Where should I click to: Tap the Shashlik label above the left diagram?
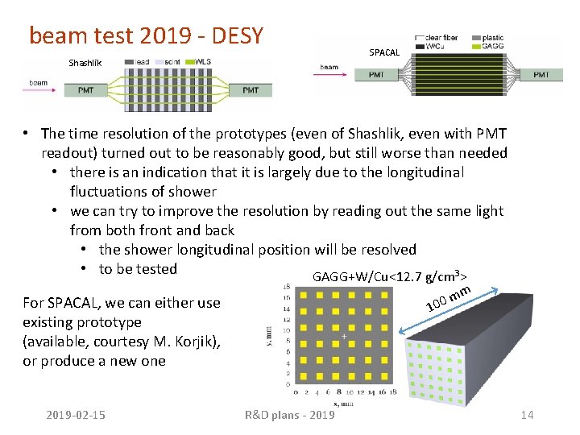tap(85, 63)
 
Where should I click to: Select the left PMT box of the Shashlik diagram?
tap(86, 90)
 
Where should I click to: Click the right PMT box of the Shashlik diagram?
tap(251, 90)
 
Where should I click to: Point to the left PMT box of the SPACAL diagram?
tap(376, 75)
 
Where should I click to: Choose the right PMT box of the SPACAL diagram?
tap(541, 75)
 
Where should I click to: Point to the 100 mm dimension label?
tap(448, 302)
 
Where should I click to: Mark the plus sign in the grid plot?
tap(344, 336)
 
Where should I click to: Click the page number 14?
tap(528, 415)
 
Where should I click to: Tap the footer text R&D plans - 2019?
tap(289, 415)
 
